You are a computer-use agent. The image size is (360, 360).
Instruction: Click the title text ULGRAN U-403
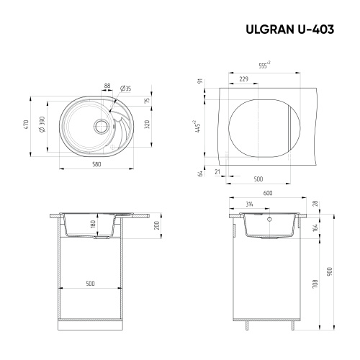pos(295,32)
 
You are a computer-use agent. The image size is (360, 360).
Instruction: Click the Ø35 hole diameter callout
pos(126,88)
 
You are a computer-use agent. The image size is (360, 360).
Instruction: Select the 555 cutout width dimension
pos(264,66)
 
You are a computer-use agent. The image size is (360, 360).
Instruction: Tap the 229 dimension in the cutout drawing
pos(244,78)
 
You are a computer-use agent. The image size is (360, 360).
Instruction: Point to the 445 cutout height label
pos(196,126)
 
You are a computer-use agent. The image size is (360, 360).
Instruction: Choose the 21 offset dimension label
pos(217,171)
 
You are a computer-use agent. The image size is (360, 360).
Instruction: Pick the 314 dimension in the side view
pos(249,204)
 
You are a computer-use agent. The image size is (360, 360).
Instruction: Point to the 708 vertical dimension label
pos(315,284)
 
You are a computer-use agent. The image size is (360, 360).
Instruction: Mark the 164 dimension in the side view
pos(315,228)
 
